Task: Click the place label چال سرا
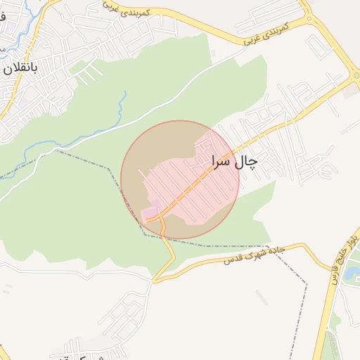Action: pyautogui.click(x=234, y=162)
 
